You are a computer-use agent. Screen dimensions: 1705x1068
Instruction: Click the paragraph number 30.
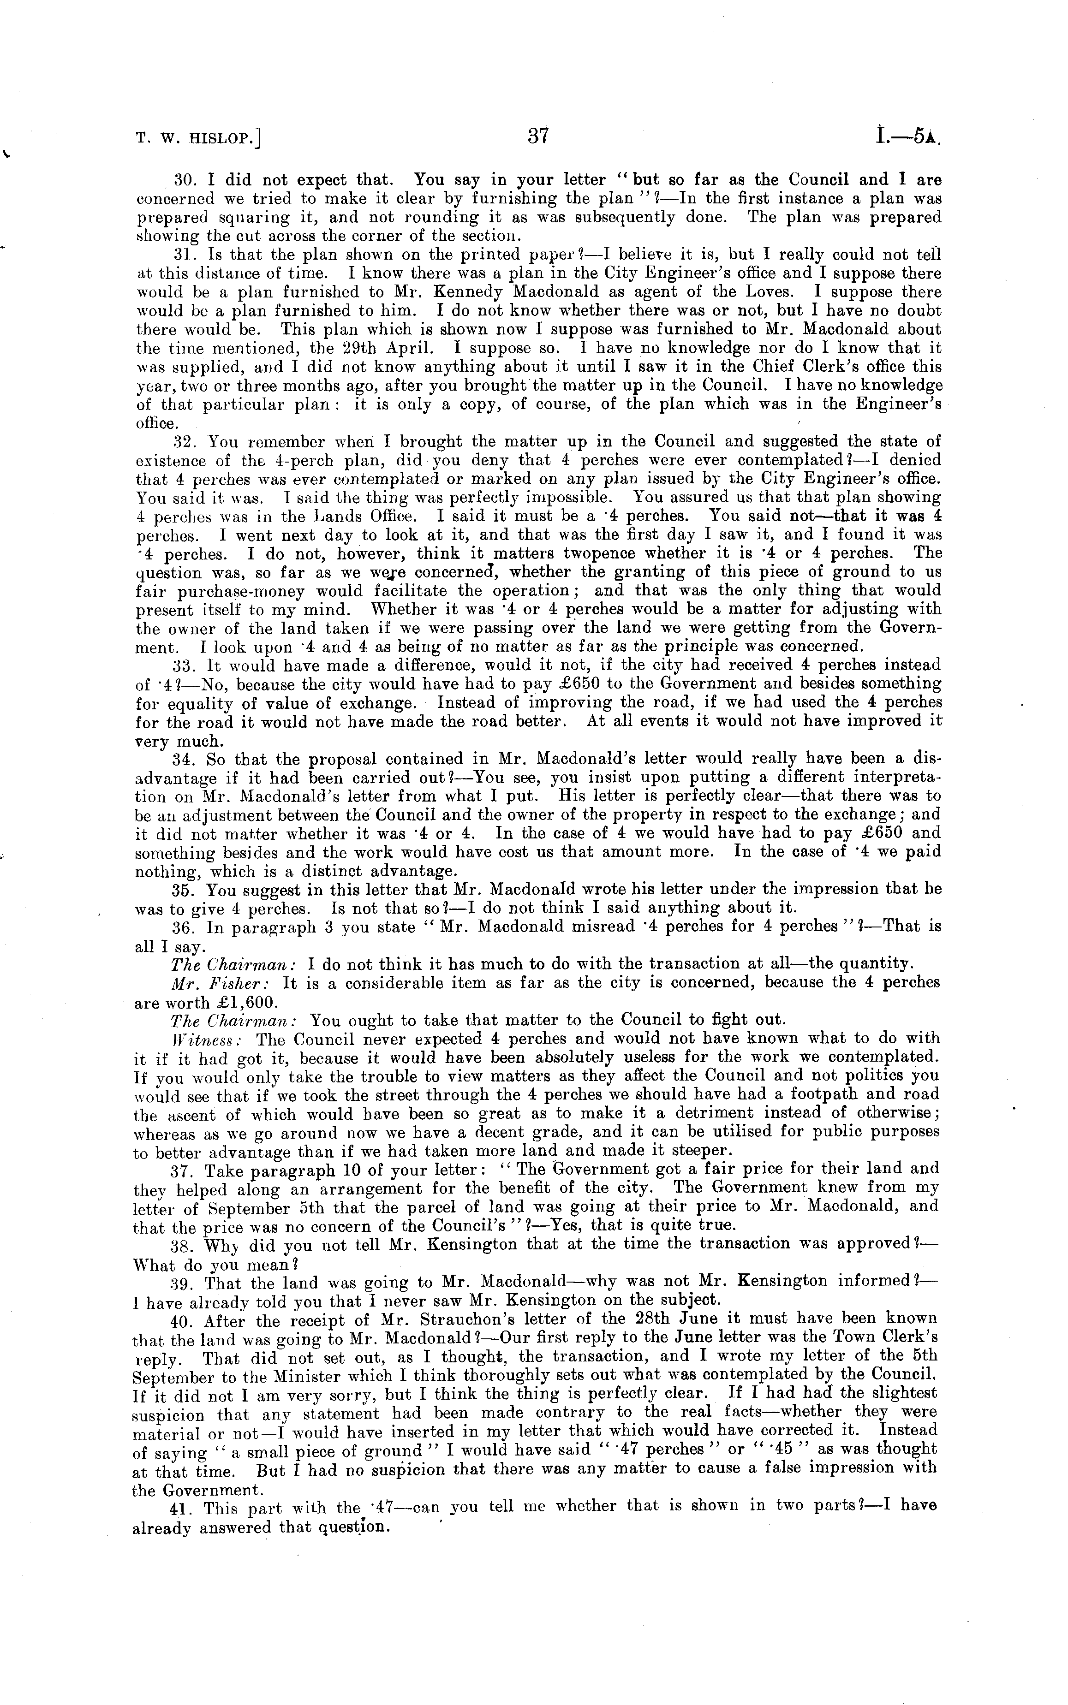(185, 180)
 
